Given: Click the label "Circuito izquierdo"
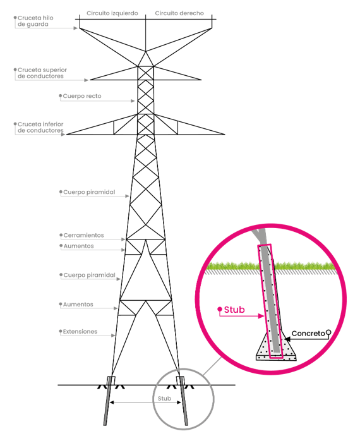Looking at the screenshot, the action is (112, 13).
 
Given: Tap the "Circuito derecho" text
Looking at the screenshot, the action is (179, 13).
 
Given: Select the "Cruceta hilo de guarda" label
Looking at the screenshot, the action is (35, 21).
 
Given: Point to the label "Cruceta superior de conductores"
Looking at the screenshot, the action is (42, 73).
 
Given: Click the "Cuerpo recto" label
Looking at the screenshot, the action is (82, 96).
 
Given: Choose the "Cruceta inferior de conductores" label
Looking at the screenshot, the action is (40, 127).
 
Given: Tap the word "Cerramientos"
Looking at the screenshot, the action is (83, 235).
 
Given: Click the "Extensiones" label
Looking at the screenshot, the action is (80, 332).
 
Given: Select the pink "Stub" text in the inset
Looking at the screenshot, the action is (234, 310).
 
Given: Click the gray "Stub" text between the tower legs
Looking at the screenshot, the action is (164, 399).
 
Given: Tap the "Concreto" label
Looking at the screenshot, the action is (308, 333).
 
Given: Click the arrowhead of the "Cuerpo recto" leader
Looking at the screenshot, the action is (133, 100).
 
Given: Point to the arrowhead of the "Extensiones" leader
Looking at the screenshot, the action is (113, 336).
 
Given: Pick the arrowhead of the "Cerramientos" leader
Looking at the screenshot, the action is (123, 239).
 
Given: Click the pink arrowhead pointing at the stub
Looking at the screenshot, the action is (261, 316).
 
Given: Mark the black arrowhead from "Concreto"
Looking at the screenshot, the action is (287, 339).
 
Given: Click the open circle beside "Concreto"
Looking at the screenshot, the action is (328, 332).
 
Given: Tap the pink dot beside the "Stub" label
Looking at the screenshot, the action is (220, 309).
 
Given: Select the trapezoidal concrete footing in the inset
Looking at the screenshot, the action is (276, 347).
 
